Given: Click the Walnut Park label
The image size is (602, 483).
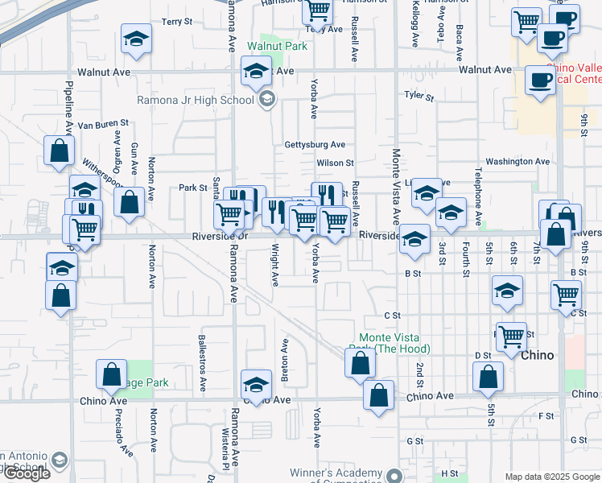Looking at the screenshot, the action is point(277,47).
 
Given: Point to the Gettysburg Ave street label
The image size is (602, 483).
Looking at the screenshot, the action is point(315,145).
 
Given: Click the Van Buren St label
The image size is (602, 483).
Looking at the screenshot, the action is point(103,124).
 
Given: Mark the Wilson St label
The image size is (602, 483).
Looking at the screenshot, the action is point(335,163).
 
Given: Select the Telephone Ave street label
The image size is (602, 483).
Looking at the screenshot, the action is point(478,196).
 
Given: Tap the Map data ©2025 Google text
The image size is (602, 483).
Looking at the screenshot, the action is point(551,477).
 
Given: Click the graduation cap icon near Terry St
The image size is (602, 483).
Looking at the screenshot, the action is point(136,39).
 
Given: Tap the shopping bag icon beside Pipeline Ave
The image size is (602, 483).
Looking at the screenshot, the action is point(60,151).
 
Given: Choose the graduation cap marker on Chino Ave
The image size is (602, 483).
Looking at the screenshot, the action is point(256,385).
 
